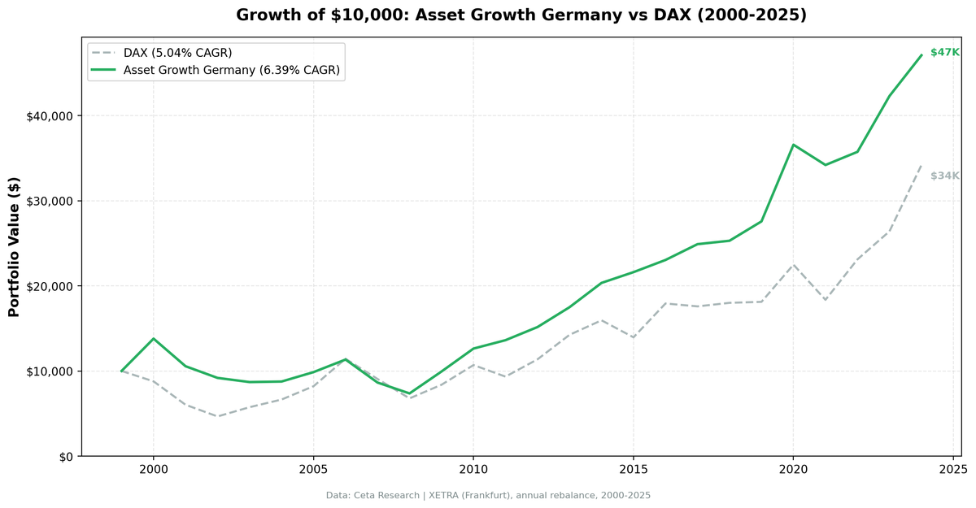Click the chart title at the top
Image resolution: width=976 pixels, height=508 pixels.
point(521,15)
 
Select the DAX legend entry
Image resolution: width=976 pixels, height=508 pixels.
point(177,53)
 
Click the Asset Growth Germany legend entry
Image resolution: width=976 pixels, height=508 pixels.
point(231,71)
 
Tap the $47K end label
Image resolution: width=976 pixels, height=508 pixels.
point(944,53)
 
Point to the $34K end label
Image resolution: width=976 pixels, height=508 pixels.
point(944,176)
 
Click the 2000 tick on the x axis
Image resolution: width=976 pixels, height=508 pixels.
point(153,471)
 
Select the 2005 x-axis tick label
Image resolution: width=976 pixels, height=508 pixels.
point(313,471)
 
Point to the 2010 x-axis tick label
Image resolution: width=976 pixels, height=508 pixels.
point(473,471)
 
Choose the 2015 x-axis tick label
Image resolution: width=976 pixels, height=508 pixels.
point(633,471)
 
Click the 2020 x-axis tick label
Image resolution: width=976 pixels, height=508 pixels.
point(793,471)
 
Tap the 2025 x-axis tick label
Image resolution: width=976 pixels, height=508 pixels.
point(952,471)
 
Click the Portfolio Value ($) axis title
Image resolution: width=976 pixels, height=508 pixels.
point(14,246)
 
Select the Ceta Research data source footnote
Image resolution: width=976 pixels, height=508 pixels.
point(488,495)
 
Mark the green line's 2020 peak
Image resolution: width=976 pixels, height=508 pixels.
point(793,145)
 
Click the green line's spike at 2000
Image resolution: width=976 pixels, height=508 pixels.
point(153,338)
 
